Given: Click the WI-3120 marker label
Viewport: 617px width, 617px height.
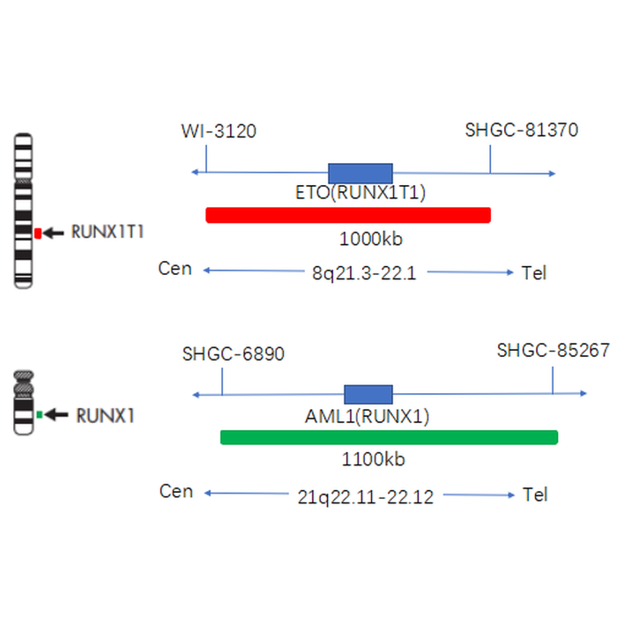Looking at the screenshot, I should coord(219,131).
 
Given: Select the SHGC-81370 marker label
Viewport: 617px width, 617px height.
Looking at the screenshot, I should coord(521,130).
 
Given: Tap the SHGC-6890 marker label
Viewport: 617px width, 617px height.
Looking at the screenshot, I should coord(234,354).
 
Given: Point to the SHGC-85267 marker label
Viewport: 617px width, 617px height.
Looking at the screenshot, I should coord(553,351).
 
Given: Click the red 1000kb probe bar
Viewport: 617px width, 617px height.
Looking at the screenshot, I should coord(347,215).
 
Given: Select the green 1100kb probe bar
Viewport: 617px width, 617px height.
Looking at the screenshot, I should coord(389,437).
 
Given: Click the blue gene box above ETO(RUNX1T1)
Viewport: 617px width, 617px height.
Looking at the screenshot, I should coord(360,173).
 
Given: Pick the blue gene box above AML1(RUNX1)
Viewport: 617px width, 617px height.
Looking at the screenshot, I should coord(368,394).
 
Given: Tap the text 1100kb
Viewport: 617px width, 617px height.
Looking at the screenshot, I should coord(373,459).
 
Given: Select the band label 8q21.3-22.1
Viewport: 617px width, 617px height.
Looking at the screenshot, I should coord(363,273).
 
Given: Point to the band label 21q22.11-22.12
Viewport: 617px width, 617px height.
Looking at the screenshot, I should coord(366,496).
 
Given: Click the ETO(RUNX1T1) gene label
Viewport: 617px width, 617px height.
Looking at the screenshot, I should coord(361,193).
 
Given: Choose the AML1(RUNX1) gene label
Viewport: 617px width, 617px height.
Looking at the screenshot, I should coord(368,416).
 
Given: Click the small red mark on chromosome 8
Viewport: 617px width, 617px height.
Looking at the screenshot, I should coord(38,233).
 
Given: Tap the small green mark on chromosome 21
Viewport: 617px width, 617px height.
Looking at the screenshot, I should coord(39,413).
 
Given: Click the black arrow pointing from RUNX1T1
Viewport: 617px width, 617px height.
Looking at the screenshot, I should coord(55,233).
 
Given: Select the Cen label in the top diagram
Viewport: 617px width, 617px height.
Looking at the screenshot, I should coord(175,269).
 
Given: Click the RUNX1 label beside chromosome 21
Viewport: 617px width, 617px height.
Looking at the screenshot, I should coord(105,414).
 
